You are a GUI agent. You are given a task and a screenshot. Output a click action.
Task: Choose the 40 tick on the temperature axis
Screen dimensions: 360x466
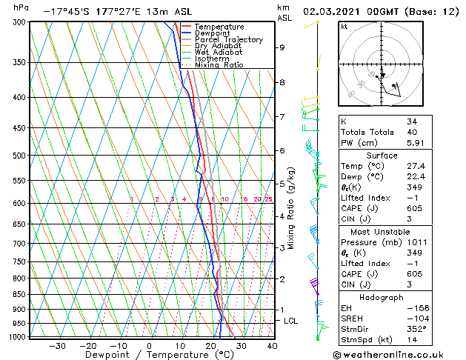coord(272,345)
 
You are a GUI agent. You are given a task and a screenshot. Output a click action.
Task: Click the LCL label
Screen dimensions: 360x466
coord(291,321)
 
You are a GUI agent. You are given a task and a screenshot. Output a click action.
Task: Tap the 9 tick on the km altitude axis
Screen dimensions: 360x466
coord(282,47)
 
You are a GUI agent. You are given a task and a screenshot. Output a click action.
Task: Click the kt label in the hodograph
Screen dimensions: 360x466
coord(344,26)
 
